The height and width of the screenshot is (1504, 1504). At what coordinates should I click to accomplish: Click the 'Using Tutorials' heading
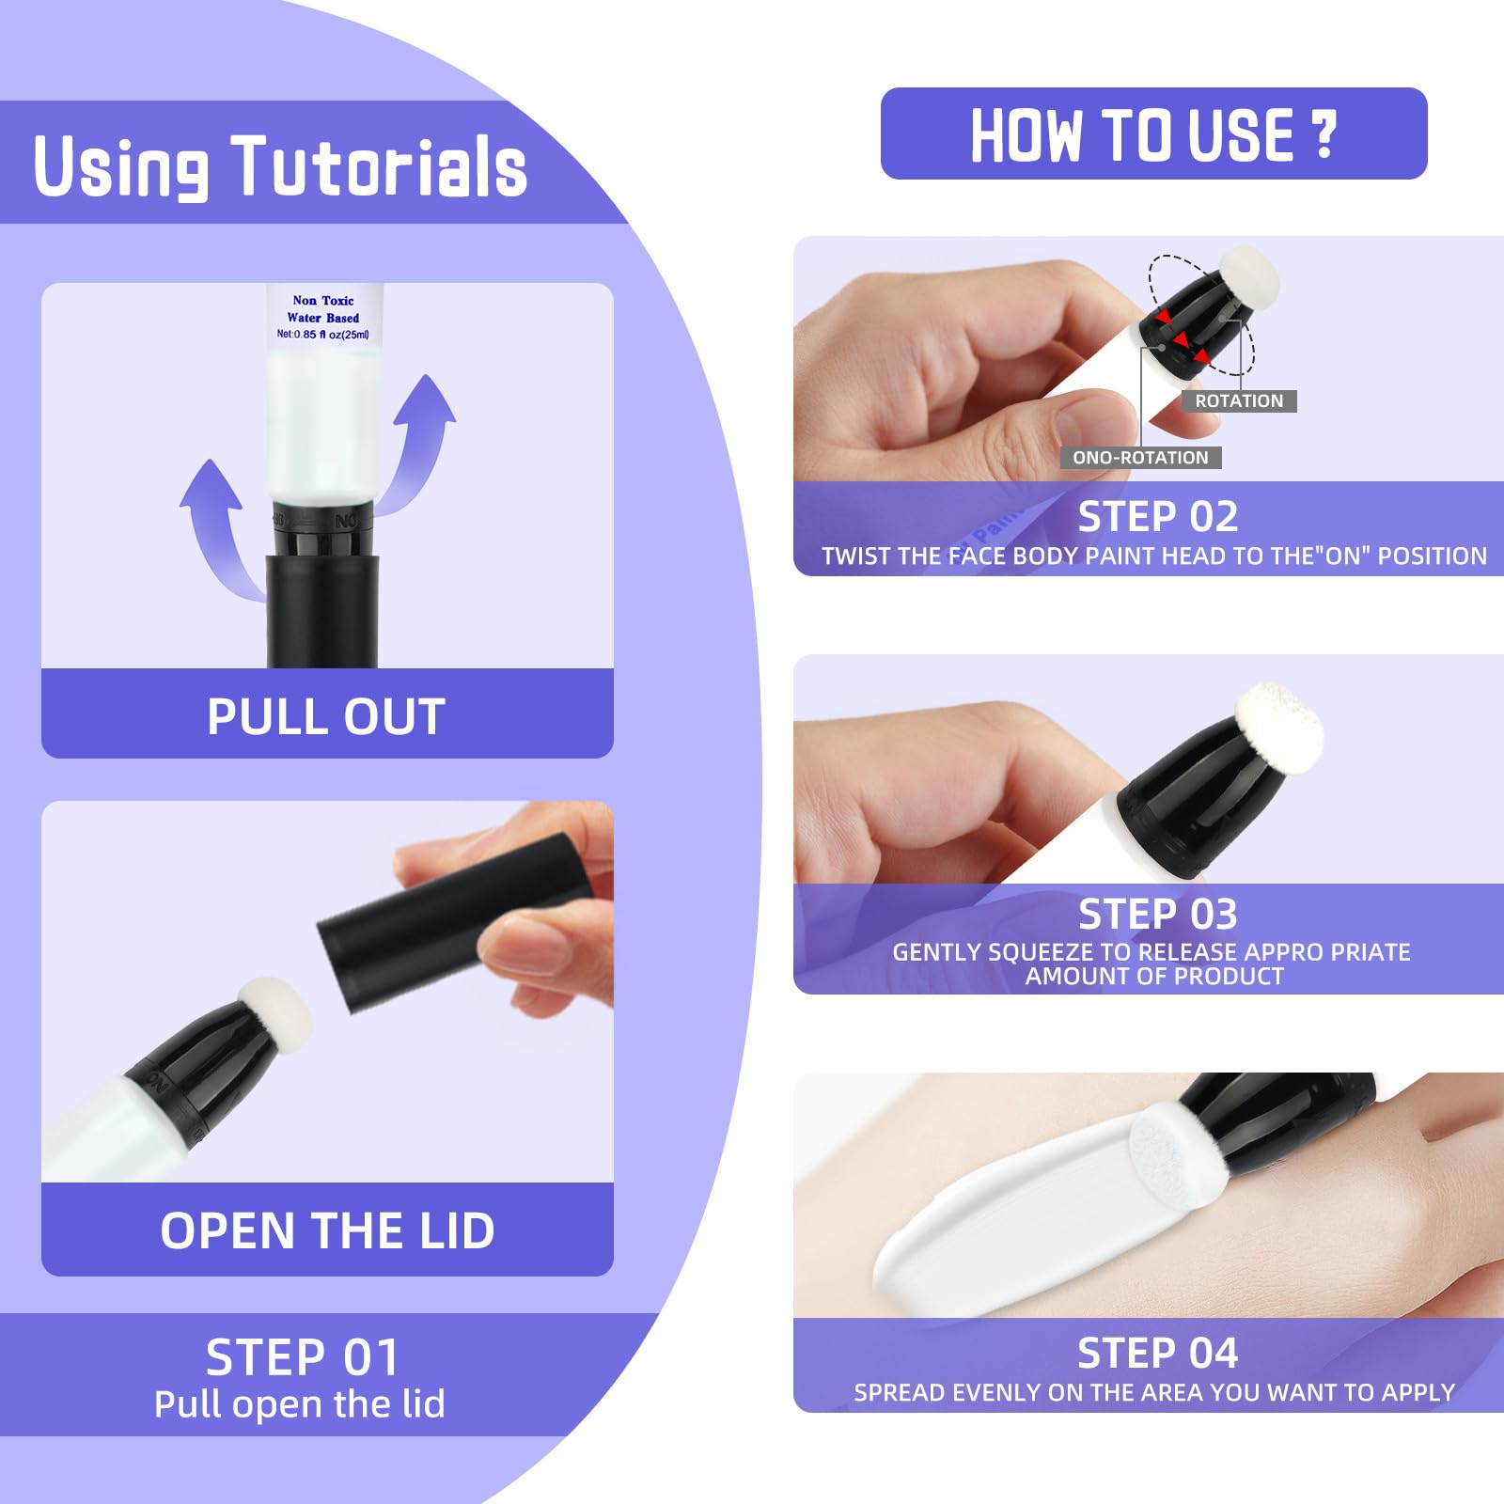click(x=280, y=166)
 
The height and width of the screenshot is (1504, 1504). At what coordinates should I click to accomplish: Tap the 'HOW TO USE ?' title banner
click(x=1153, y=133)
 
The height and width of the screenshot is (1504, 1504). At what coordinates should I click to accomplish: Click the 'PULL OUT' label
click(x=326, y=716)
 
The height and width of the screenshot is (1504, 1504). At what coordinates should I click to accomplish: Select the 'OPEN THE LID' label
click(x=327, y=1230)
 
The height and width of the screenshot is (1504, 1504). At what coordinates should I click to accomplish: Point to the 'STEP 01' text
click(x=303, y=1357)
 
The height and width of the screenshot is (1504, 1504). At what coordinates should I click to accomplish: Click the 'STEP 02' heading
click(x=1157, y=516)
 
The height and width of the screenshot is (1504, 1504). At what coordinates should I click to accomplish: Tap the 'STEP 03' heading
click(x=1157, y=914)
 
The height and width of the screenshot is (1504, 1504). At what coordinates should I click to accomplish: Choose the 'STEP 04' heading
click(x=1157, y=1353)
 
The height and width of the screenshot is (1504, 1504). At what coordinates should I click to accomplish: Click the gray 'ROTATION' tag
click(x=1239, y=401)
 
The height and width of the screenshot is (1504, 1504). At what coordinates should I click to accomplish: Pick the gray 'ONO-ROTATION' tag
click(x=1140, y=458)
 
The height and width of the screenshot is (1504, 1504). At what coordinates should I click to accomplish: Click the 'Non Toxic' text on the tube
click(x=323, y=301)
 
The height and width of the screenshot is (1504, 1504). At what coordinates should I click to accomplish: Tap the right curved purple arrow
click(x=421, y=442)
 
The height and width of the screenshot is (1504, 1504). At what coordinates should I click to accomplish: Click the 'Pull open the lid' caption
click(x=300, y=1403)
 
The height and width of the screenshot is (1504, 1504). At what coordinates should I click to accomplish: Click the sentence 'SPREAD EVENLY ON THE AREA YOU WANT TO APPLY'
click(x=1154, y=1392)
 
